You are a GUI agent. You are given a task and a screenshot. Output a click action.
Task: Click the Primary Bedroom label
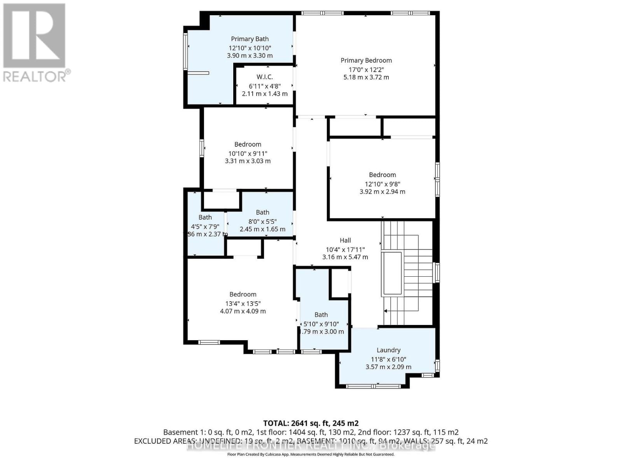click(x=366, y=60)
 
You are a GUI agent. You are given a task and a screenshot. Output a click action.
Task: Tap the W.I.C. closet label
click(x=264, y=77)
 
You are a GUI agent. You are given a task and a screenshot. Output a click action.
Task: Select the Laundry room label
click(x=388, y=350)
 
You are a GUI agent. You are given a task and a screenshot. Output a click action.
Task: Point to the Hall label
click(x=345, y=241)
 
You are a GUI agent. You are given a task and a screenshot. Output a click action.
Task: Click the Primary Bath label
click(x=250, y=39)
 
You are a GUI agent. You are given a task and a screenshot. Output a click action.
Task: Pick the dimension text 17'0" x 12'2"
click(x=366, y=70)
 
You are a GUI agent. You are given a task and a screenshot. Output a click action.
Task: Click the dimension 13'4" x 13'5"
click(x=243, y=304)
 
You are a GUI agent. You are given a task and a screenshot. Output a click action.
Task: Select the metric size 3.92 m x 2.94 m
click(x=382, y=191)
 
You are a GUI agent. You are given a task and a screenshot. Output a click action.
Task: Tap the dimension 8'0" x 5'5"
click(x=262, y=221)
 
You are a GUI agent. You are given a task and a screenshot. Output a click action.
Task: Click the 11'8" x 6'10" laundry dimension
click(x=388, y=360)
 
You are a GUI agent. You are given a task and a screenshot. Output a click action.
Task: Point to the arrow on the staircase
click(x=386, y=311)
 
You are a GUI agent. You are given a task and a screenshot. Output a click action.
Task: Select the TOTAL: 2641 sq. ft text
click(x=311, y=423)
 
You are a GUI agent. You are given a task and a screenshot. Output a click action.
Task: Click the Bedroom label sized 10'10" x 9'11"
click(x=248, y=144)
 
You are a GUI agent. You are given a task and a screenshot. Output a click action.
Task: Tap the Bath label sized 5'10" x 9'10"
click(x=321, y=315)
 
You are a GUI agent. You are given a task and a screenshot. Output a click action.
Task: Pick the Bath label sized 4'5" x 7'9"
click(x=205, y=218)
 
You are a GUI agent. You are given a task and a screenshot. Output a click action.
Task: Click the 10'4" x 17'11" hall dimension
click(x=345, y=250)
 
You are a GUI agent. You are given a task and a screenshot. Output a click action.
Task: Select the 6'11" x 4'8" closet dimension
click(x=264, y=86)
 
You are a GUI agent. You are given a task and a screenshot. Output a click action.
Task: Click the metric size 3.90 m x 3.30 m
click(x=250, y=56)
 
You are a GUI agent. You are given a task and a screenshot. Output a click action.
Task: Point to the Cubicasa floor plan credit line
click(x=311, y=454)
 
